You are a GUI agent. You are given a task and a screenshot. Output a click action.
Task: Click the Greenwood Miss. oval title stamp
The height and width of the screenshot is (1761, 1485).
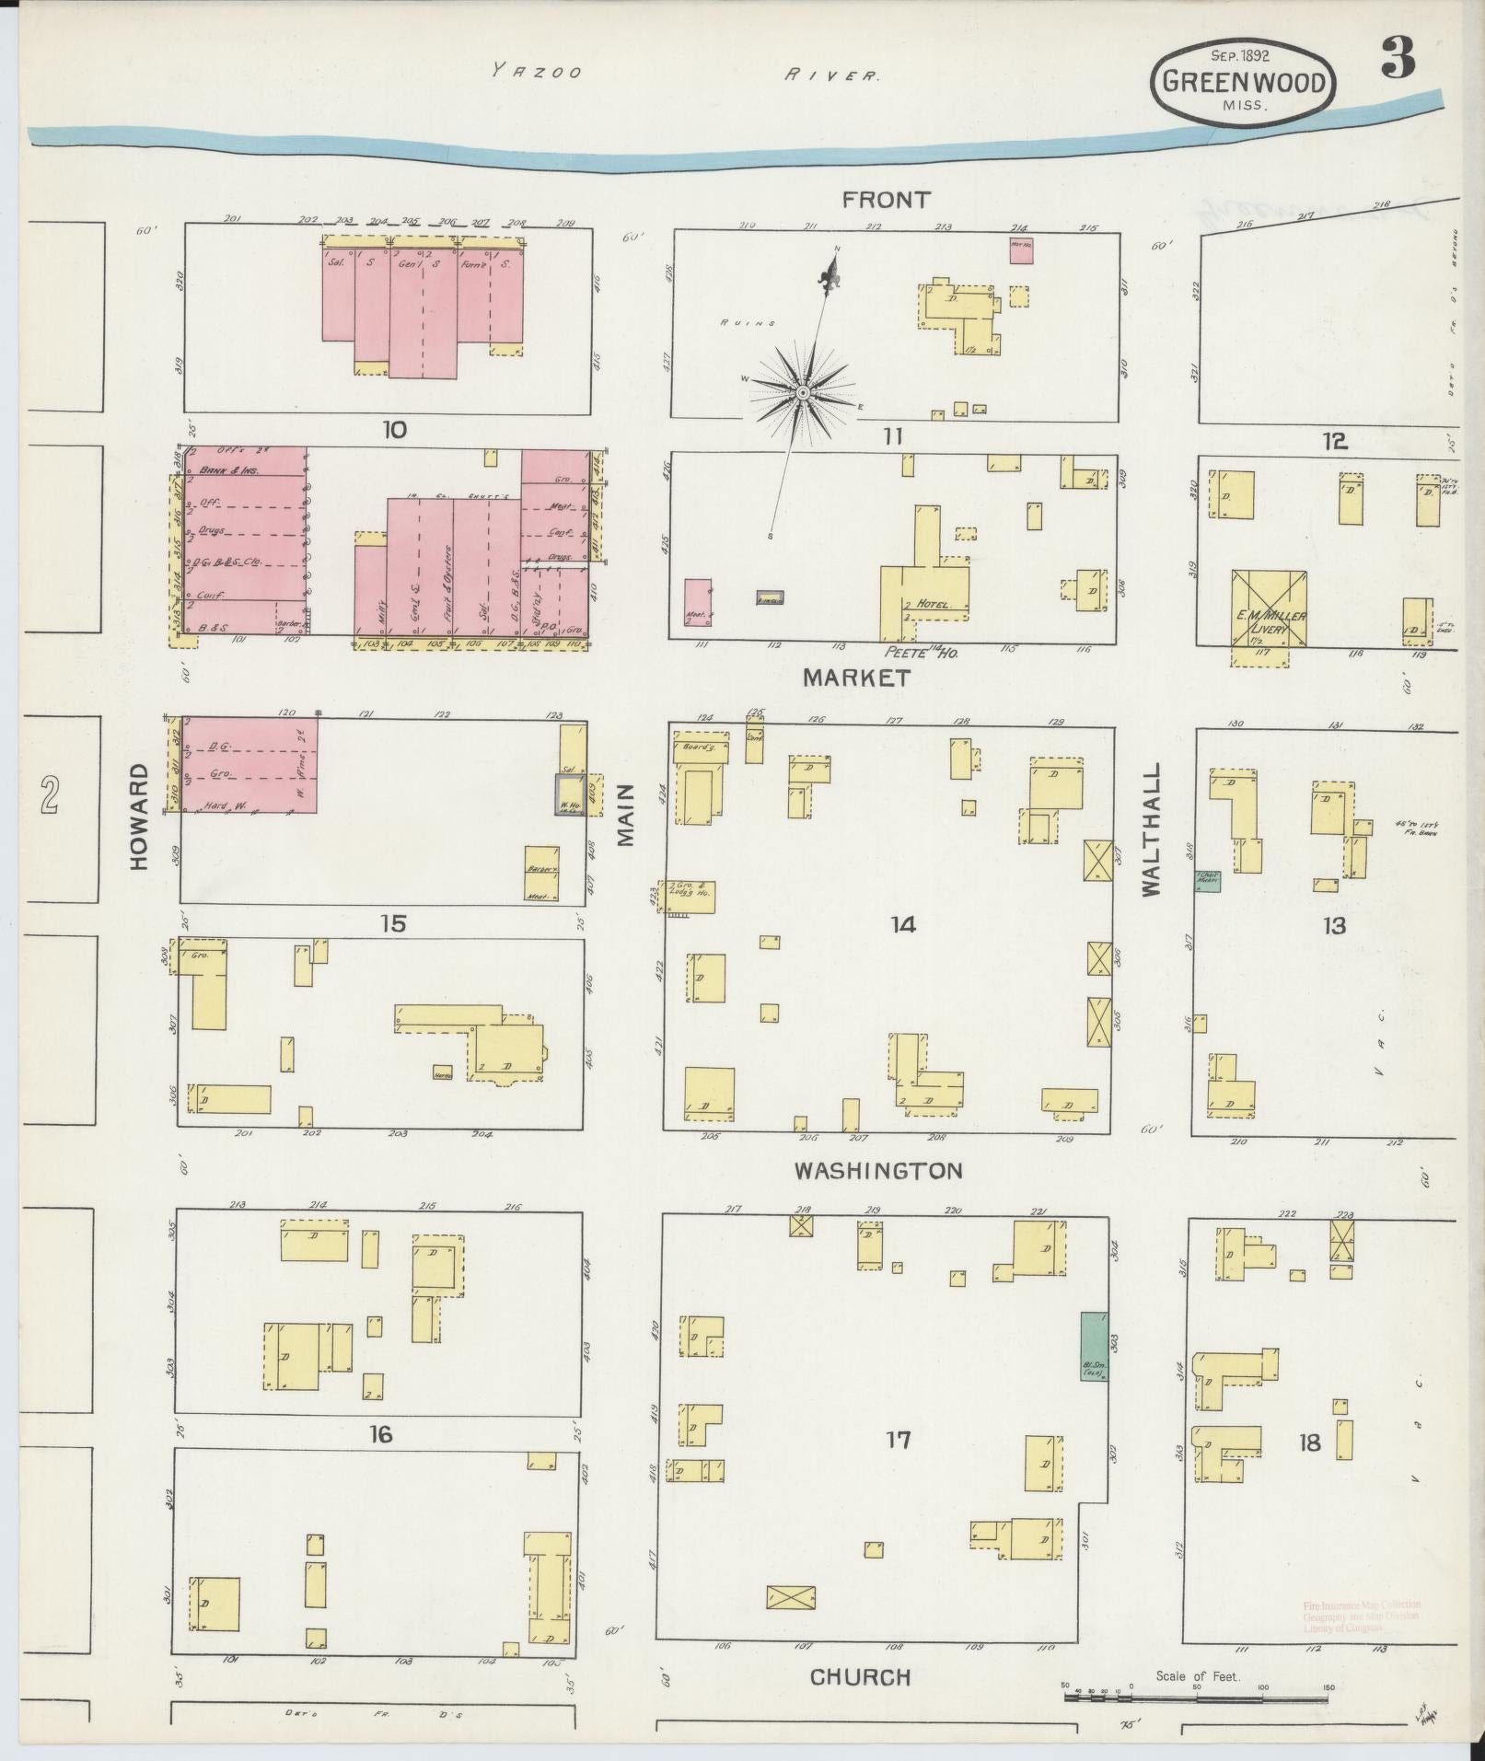click(x=1242, y=83)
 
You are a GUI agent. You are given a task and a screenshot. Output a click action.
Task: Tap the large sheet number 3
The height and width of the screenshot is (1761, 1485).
click(x=1397, y=62)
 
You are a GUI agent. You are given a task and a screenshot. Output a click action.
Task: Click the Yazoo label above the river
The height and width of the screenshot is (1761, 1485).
click(x=536, y=71)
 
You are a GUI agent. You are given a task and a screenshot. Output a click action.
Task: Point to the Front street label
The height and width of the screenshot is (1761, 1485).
click(x=887, y=199)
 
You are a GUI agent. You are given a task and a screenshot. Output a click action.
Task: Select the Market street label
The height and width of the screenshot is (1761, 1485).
click(x=857, y=678)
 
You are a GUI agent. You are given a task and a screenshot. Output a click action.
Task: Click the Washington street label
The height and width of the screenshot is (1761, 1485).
click(x=878, y=1171)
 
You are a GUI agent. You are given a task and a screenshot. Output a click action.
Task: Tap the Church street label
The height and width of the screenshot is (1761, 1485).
click(x=860, y=1677)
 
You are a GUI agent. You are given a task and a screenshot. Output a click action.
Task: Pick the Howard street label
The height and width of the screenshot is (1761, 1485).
click(x=139, y=817)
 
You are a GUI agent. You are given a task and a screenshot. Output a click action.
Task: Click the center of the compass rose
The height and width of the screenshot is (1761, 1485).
click(x=802, y=393)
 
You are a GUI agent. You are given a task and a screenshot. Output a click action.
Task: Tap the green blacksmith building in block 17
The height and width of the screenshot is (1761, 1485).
click(x=1094, y=1345)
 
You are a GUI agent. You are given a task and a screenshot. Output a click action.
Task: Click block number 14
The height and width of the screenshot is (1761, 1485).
click(x=902, y=924)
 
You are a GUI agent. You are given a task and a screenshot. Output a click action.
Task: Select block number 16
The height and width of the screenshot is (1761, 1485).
click(x=380, y=1433)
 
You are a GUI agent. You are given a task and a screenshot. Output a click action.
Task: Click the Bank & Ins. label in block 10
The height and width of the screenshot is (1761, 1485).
click(x=224, y=470)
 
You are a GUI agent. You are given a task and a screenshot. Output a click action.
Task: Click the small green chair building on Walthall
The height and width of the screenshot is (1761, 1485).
click(x=1208, y=881)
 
